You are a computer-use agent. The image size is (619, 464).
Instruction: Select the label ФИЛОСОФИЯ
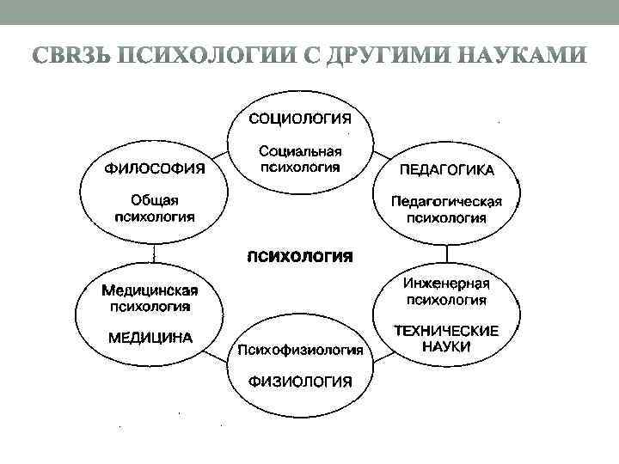[155, 168]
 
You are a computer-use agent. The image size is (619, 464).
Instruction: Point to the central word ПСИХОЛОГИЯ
[300, 255]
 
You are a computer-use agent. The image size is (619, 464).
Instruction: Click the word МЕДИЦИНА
[150, 337]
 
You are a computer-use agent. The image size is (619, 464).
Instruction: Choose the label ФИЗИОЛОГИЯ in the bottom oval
[300, 382]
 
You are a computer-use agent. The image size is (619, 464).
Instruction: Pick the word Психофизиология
[300, 351]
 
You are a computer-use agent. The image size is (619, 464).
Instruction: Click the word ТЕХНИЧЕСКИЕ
[446, 330]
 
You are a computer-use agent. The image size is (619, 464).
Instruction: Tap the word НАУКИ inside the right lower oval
[446, 346]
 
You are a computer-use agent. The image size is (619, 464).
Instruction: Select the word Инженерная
[446, 284]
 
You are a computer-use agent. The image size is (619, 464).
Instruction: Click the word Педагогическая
[446, 201]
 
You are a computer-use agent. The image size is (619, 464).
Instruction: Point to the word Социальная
[300, 150]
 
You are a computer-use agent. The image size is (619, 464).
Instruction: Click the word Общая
[155, 199]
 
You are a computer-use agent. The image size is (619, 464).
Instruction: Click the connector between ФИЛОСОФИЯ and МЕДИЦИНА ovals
[154, 252]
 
